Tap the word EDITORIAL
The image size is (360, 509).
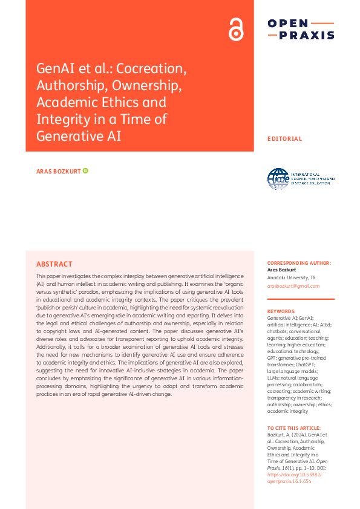284,138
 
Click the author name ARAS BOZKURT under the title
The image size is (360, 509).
58,171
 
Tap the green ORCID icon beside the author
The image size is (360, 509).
85,171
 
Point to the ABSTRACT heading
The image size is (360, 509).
54,264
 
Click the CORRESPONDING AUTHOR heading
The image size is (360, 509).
299,264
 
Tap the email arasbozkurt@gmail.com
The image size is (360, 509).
293,286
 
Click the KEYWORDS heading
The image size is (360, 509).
281,311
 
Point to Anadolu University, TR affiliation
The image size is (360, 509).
291,277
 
